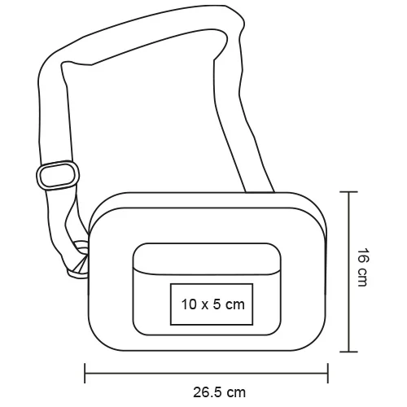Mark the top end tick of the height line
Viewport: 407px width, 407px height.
point(348,192)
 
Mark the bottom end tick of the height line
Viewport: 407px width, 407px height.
point(348,352)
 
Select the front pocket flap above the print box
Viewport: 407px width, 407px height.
point(208,259)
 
